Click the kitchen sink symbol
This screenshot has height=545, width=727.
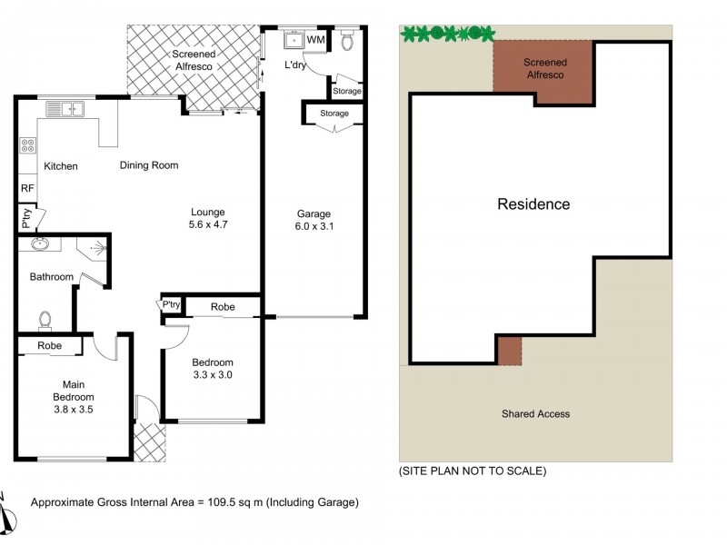tap(65, 110)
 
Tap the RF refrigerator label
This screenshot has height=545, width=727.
tap(27, 188)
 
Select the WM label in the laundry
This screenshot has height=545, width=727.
tap(315, 40)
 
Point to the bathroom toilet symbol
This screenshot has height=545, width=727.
tap(45, 320)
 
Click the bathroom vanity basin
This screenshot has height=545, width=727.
tap(38, 243)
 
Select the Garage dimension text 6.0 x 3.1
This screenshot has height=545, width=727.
tap(315, 227)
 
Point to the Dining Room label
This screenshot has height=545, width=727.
tap(149, 165)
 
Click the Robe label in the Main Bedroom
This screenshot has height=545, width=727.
tap(50, 346)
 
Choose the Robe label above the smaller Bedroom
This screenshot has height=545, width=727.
tap(223, 307)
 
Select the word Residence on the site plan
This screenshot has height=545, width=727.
tap(533, 204)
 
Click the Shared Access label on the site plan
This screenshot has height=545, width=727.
tap(535, 414)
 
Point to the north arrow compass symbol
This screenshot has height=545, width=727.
tap(7, 516)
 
